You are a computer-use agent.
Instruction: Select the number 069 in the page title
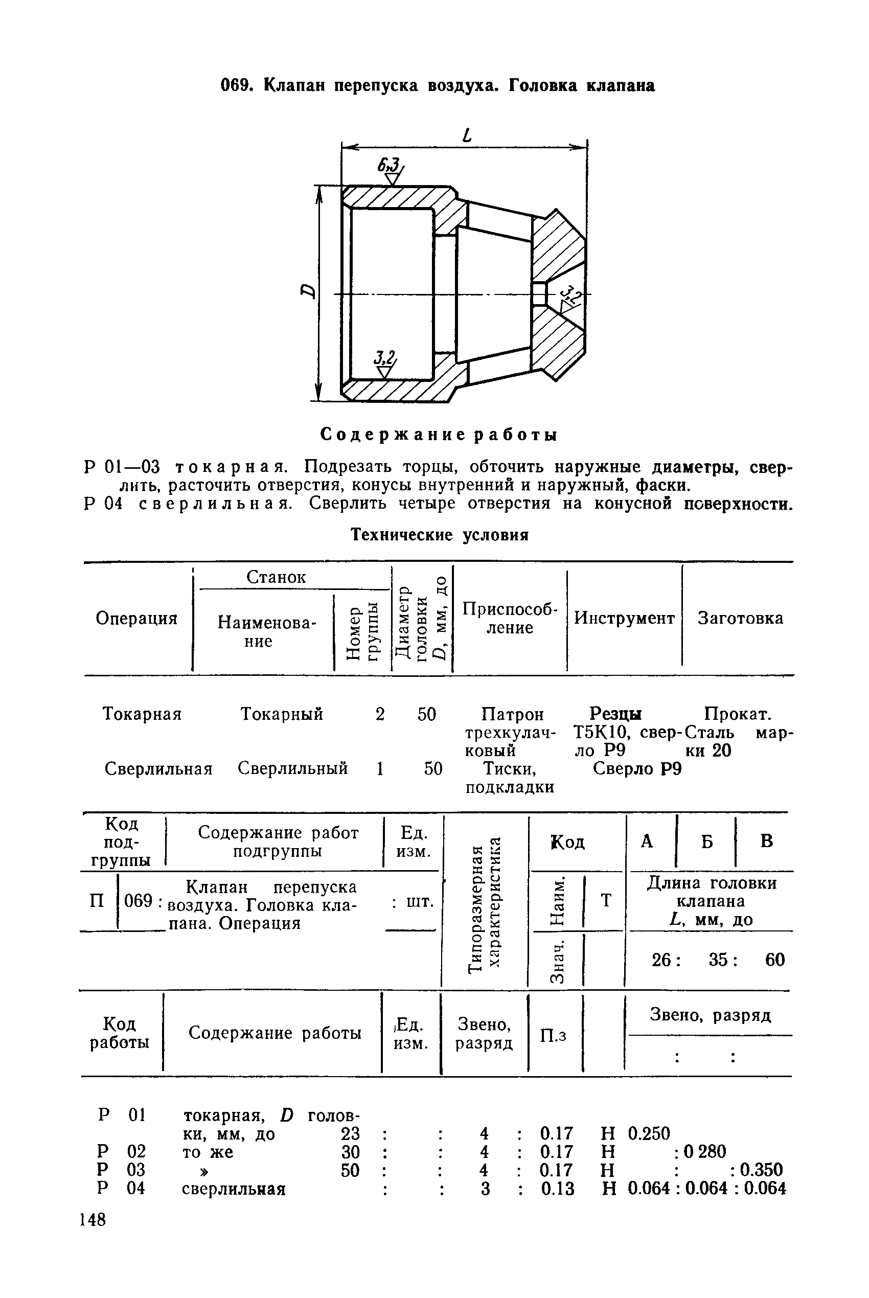(x=237, y=85)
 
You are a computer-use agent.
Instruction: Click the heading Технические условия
(x=440, y=535)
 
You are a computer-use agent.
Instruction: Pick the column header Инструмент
(x=624, y=618)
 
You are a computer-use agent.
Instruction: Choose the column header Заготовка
(x=740, y=618)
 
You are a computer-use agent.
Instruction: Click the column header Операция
(x=136, y=618)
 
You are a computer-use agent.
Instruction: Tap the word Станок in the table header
(x=276, y=577)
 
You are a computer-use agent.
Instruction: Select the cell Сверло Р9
(x=637, y=769)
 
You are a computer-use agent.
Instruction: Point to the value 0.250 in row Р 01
(x=649, y=1133)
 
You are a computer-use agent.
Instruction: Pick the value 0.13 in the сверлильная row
(x=558, y=1189)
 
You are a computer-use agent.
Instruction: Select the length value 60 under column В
(x=775, y=960)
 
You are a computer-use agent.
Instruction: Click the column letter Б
(x=706, y=842)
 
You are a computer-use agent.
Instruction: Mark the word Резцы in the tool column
(x=615, y=713)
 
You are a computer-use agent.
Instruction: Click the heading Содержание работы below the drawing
(x=439, y=435)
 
